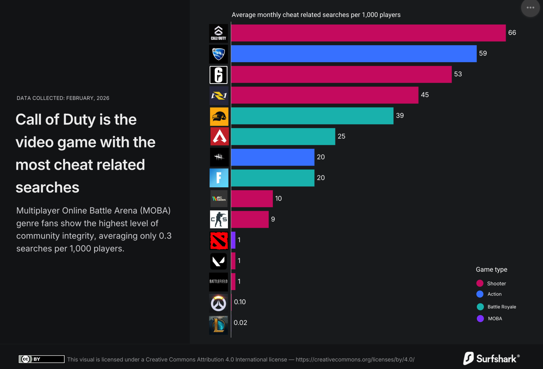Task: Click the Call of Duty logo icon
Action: [x=218, y=33]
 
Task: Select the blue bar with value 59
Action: [x=354, y=54]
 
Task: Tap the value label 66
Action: [x=512, y=33]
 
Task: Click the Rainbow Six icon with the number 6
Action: [x=218, y=75]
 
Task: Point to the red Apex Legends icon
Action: [x=219, y=136]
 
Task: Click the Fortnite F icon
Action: [x=219, y=178]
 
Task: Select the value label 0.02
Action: [x=240, y=323]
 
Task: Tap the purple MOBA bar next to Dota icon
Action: [x=233, y=240]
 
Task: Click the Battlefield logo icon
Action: [x=218, y=282]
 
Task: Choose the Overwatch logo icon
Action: [x=218, y=303]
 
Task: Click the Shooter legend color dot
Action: [x=480, y=284]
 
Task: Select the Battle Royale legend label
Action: [x=502, y=307]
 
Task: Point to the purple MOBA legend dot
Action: [x=480, y=319]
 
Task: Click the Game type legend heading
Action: [x=492, y=270]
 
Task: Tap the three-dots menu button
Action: [x=530, y=8]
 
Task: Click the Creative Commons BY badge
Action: [x=42, y=359]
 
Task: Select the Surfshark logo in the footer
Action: [x=491, y=359]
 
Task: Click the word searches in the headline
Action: [x=48, y=188]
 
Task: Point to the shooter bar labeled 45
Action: [x=324, y=95]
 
